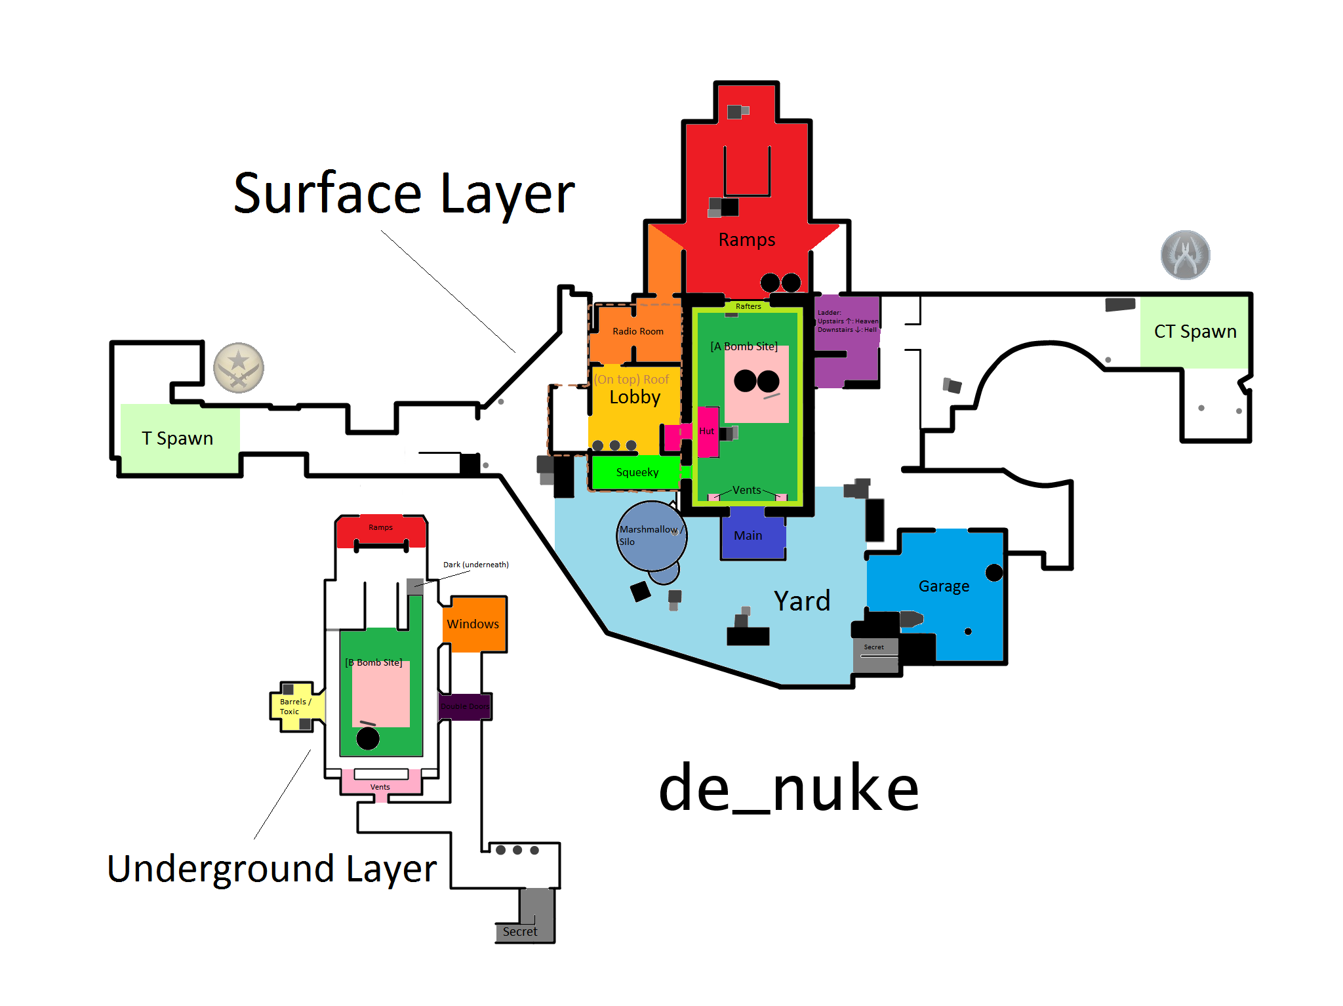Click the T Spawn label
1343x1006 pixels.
[x=177, y=438]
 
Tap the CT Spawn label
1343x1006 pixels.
[x=1195, y=332]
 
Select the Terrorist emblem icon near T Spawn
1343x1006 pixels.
[x=239, y=368]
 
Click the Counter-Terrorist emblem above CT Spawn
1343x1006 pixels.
[x=1185, y=255]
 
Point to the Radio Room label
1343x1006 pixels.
[x=637, y=332]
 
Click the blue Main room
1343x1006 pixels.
[x=752, y=535]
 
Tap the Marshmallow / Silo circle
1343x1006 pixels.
[x=651, y=535]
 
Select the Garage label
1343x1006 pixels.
[x=943, y=586]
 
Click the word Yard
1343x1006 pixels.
[x=801, y=601]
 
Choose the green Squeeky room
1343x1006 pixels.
[x=636, y=473]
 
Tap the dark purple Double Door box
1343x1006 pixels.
[x=465, y=706]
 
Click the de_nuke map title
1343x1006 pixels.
[x=788, y=789]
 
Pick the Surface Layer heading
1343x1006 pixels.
[x=404, y=194]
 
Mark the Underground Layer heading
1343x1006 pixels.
[x=271, y=870]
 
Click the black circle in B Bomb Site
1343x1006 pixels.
[x=368, y=738]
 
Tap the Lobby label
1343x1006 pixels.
[x=634, y=397]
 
